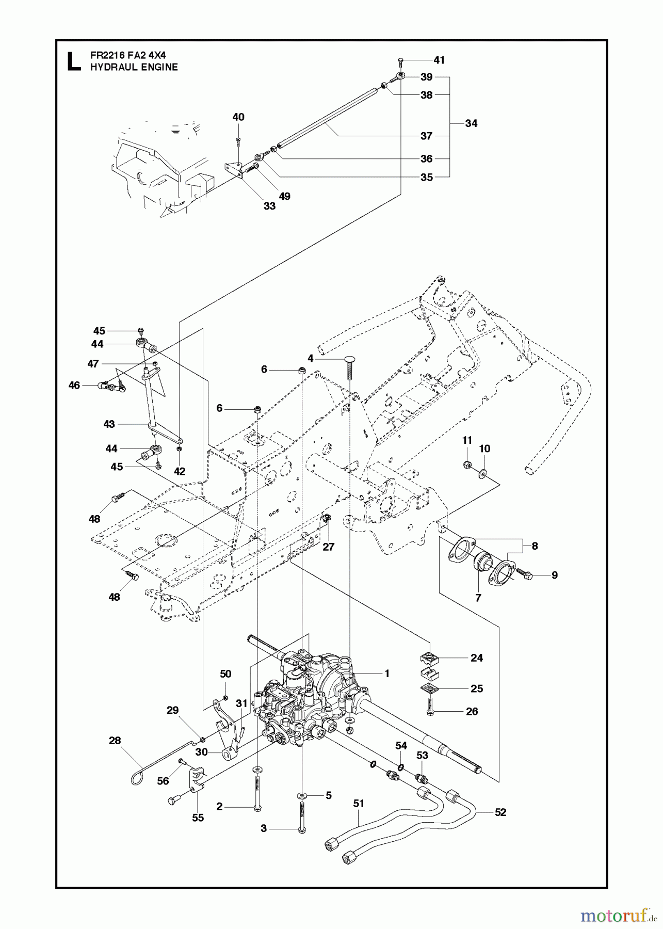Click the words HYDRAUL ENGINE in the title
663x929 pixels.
134,67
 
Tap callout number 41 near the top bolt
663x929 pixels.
439,60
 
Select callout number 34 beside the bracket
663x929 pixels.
471,123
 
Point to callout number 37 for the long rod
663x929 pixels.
426,136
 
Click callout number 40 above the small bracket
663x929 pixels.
238,117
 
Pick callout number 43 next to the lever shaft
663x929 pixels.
109,424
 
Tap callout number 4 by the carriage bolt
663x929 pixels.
310,358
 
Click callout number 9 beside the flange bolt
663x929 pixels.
555,575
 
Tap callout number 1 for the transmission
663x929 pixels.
386,674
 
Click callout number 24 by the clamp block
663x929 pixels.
477,658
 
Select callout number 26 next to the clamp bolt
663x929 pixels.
472,711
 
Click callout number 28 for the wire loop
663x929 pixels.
115,741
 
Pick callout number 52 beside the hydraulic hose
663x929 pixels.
500,812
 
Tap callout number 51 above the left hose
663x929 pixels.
359,803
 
